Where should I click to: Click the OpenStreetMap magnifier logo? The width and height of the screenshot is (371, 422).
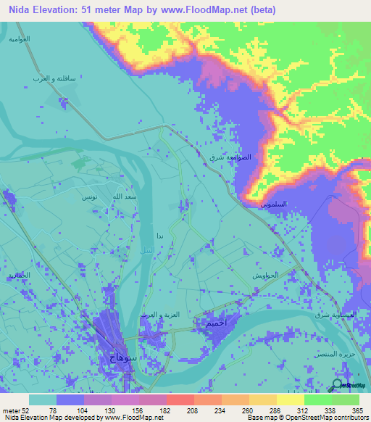[x=338, y=384]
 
